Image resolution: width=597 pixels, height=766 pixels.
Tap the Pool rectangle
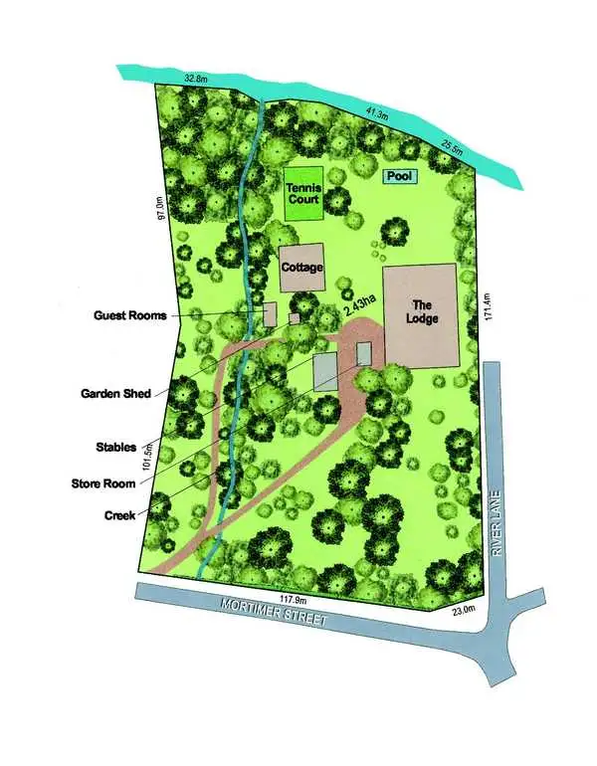coord(400,176)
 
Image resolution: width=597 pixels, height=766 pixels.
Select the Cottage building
coord(299,268)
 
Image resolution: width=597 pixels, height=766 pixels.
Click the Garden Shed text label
coord(115,394)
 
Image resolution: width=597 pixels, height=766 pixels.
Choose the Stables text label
coord(116,448)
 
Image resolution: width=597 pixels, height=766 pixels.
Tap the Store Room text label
coord(110,483)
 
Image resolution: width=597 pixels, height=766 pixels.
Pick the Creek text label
coord(119,515)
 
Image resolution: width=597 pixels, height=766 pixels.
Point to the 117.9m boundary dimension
coord(291,599)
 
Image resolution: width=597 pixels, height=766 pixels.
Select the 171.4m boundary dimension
coord(488,306)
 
